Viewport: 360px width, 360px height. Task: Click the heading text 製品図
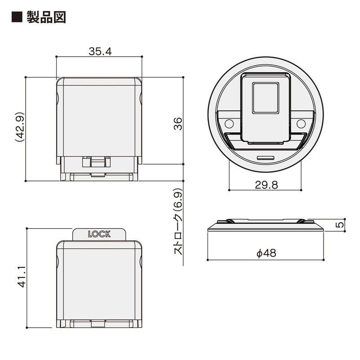pos(46,17)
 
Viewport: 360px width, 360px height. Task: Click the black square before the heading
pos(17,17)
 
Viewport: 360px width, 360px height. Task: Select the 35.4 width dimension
pos(99,51)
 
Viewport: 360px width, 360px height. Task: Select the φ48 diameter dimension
pos(265,253)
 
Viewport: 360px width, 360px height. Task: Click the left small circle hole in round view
pos(229,123)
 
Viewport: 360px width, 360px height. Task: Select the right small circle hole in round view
pos(301,123)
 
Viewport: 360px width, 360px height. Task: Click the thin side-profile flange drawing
pos(265,226)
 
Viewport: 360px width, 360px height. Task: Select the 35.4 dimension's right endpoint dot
pos(142,56)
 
